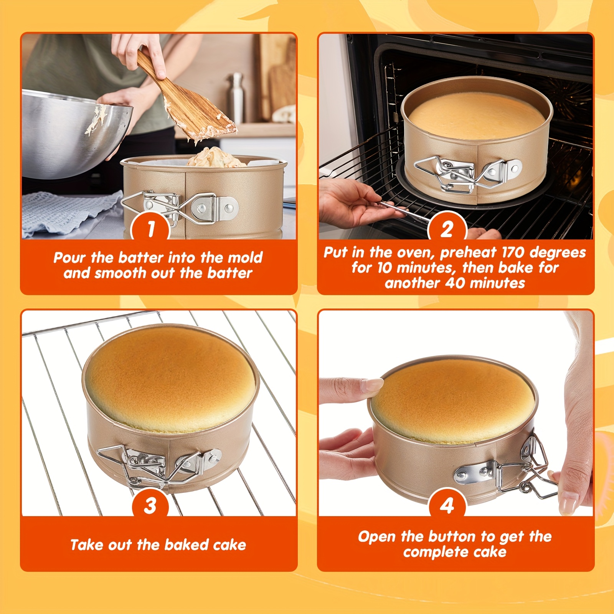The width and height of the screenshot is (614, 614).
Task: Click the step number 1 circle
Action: pos(151,229)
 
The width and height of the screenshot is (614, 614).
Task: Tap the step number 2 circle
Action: pos(447,229)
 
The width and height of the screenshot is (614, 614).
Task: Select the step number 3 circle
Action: pos(150,505)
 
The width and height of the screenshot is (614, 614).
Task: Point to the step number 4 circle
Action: pos(447,505)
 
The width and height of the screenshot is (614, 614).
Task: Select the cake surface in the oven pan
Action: pos(476,115)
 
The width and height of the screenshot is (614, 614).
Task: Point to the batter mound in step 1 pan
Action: pos(215,157)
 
